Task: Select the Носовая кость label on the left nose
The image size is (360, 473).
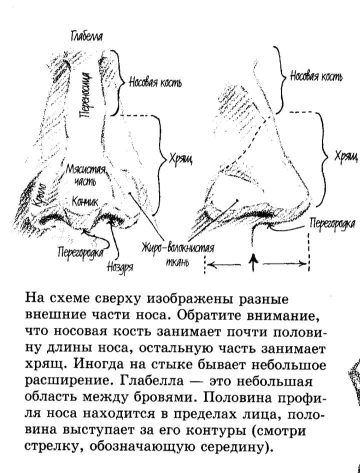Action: [x=155, y=81]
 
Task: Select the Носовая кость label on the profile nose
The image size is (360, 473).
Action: [x=316, y=76]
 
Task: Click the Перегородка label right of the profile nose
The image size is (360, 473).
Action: [x=332, y=223]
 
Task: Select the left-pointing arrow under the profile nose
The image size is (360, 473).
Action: [x=224, y=265]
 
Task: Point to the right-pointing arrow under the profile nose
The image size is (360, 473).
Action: [x=284, y=264]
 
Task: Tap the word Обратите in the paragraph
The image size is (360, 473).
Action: [x=210, y=315]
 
